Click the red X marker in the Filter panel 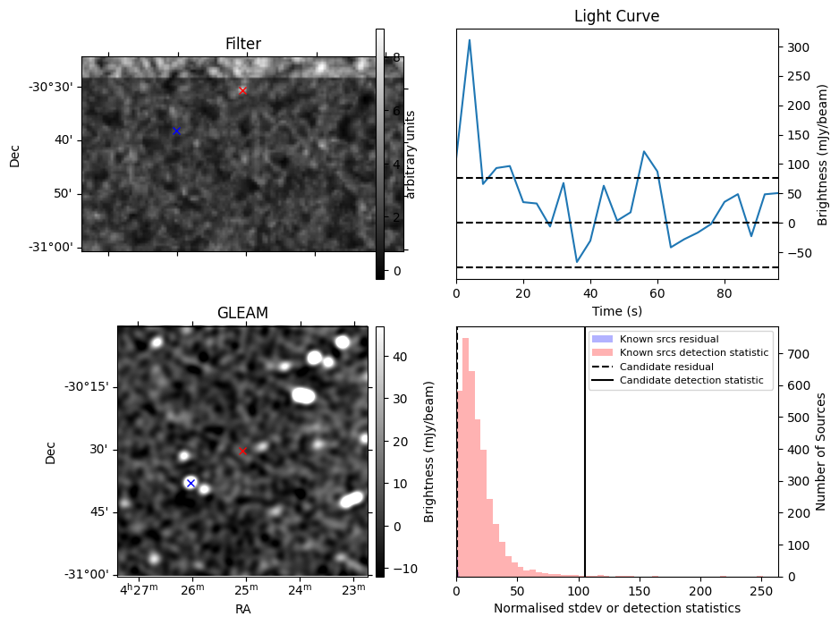[242, 90]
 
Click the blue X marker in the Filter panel [176, 131]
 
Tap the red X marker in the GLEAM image [243, 452]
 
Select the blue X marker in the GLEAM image [191, 483]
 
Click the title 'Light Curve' [617, 16]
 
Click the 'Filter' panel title [243, 43]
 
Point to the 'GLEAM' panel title [242, 313]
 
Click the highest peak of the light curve [470, 39]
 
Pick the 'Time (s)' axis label [617, 311]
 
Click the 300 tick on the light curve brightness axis [798, 47]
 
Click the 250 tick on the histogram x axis [761, 591]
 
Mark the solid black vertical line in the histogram [585, 452]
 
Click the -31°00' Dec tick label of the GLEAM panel [86, 574]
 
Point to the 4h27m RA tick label [140, 589]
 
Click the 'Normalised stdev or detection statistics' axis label [617, 608]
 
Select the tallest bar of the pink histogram [465, 457]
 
